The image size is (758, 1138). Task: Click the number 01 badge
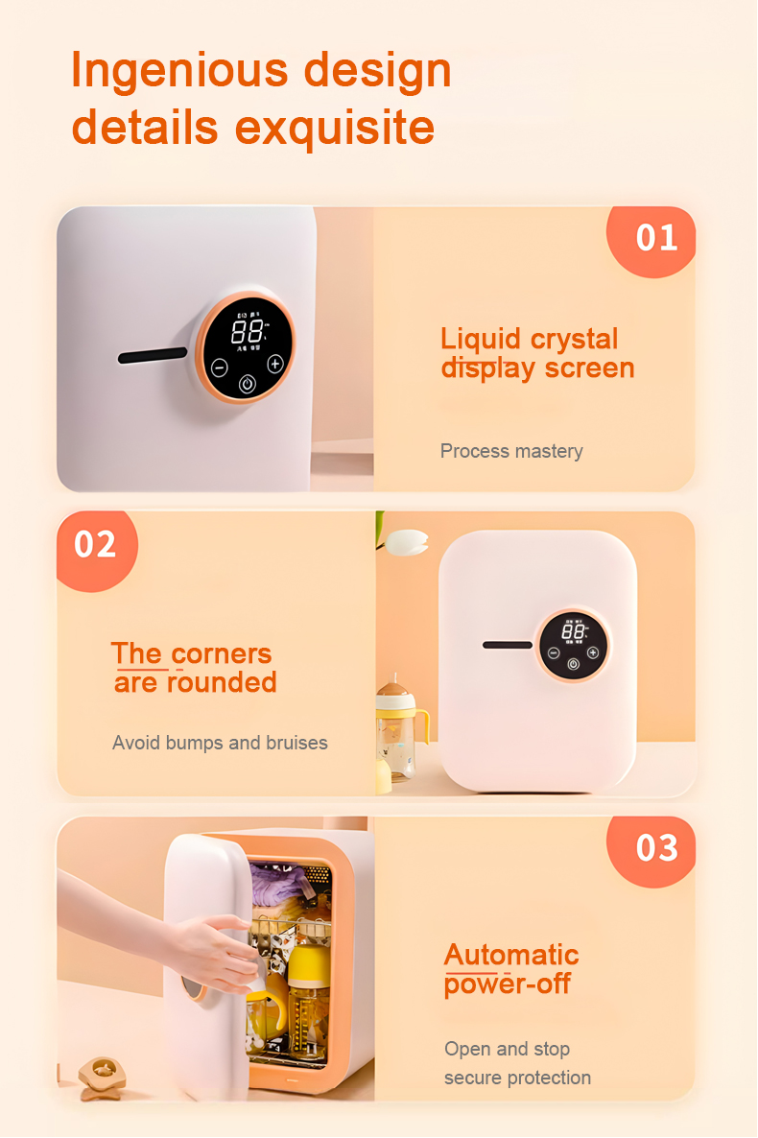coord(656,238)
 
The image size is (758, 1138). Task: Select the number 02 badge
coord(95,544)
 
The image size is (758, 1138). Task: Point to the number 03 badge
coord(656,848)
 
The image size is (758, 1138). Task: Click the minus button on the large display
coord(220,366)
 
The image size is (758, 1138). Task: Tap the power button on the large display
coord(248,385)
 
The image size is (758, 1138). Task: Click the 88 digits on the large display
coord(248,333)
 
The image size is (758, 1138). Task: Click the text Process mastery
coord(511,451)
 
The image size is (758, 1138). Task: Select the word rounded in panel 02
coord(222,682)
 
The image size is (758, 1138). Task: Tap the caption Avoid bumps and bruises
coord(220,743)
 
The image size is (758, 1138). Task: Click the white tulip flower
coord(406,542)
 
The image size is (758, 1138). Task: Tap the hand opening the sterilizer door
coord(211,950)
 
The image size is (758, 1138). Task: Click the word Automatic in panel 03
coord(511,955)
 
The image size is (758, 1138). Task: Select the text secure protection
coord(517,1078)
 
